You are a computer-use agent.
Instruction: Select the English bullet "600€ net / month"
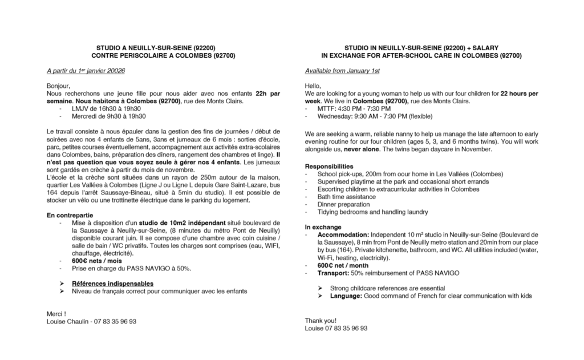pyautogui.click(x=345, y=265)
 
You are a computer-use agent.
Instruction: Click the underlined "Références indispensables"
pyautogui.click(x=112, y=284)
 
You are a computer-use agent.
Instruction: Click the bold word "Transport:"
pyautogui.click(x=334, y=273)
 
